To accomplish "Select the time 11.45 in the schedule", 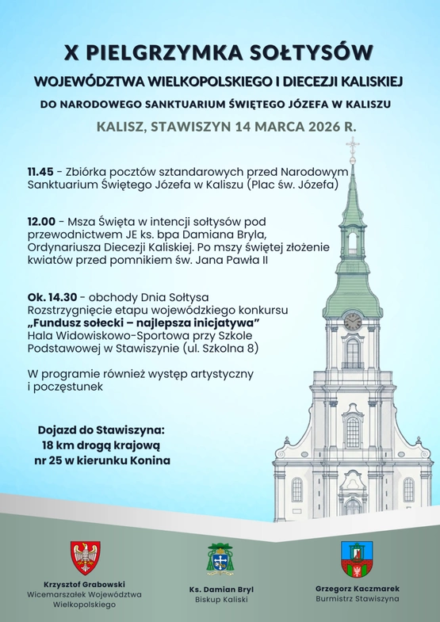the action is pos(40,171).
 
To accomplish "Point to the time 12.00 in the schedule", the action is pos(41,222).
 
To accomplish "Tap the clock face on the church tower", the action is pos(353,322).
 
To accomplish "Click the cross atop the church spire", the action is pos(352,147).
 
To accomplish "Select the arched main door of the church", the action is pos(353,506).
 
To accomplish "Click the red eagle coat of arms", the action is pos(85,558).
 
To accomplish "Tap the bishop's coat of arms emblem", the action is pos(220,559).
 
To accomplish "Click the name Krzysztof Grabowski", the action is pos(85,584).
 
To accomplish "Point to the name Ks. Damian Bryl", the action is pos(220,590).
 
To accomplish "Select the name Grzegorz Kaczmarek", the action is pos(357,589).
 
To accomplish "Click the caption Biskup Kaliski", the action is pos(220,600).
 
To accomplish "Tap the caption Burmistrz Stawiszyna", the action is pos(357,599).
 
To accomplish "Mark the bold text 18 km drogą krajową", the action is pos(104,445).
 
